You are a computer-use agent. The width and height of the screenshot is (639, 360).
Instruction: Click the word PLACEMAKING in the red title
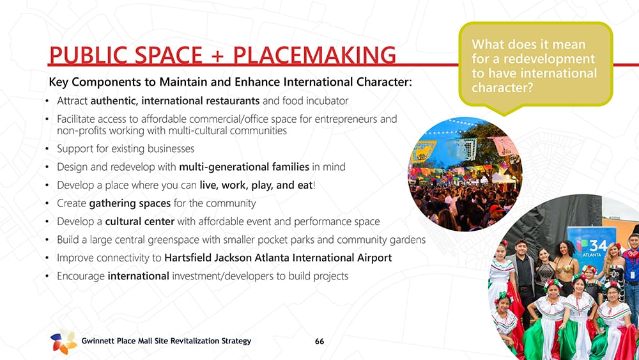point(314,55)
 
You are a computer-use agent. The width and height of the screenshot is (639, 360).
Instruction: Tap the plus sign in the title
point(218,56)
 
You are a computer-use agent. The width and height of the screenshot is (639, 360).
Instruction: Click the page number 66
point(319,341)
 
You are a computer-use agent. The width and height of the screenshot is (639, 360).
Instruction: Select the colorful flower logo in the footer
point(63,341)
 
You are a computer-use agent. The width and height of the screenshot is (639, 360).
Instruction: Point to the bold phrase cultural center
point(140,221)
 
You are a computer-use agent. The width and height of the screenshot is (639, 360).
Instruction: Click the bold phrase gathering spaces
point(130,203)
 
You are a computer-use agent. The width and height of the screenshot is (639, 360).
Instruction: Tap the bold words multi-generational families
point(244,167)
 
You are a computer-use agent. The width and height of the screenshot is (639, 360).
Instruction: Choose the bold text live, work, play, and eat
point(256,185)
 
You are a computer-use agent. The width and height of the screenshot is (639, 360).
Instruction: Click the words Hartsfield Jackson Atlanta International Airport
point(278,258)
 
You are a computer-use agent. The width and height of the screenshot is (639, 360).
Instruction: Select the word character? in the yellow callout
point(502,88)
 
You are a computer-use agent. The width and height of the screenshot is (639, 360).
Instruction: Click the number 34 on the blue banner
point(598,246)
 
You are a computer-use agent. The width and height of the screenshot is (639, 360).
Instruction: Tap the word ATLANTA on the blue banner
point(592,254)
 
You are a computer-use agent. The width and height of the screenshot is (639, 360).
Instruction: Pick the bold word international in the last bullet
point(138,276)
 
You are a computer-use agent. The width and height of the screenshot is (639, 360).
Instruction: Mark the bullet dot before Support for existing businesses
point(48,149)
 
